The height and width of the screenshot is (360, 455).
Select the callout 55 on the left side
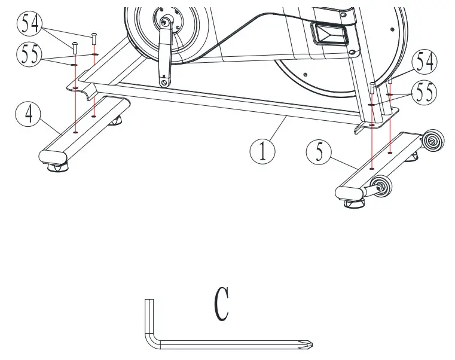pos(28,56)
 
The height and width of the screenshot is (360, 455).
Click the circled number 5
pos(319,152)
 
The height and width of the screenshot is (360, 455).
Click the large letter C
pos(222,305)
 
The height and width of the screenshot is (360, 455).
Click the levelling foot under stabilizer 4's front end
pos(56,171)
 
